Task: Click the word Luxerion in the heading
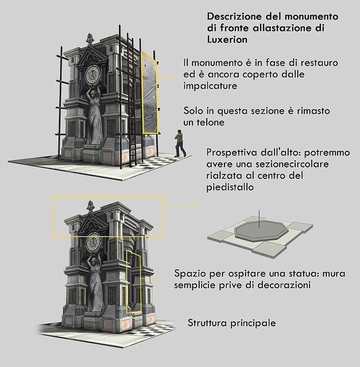[227, 40]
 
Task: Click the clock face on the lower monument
[93, 243]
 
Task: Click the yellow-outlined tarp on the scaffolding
[150, 93]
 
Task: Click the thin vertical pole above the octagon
[259, 219]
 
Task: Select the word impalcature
[210, 86]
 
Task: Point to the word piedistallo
[230, 188]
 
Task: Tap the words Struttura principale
[231, 323]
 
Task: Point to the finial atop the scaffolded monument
[89, 39]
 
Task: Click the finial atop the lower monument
[90, 206]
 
